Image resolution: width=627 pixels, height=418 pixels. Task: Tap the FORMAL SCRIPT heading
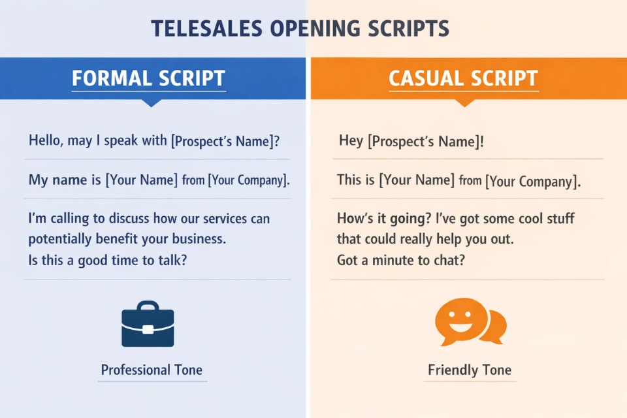[x=148, y=78]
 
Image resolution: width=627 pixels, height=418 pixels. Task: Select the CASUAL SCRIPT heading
[x=463, y=78]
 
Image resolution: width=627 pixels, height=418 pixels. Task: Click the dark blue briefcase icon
[x=148, y=324]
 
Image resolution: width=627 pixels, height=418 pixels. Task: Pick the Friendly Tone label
[x=470, y=370]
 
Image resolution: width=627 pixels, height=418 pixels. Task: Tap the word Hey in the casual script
[x=351, y=140]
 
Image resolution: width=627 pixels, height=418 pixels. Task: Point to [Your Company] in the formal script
[x=249, y=180]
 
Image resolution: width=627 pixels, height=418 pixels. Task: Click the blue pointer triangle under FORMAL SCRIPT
[x=152, y=103]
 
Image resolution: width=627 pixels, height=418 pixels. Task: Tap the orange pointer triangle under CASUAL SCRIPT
[x=464, y=103]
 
